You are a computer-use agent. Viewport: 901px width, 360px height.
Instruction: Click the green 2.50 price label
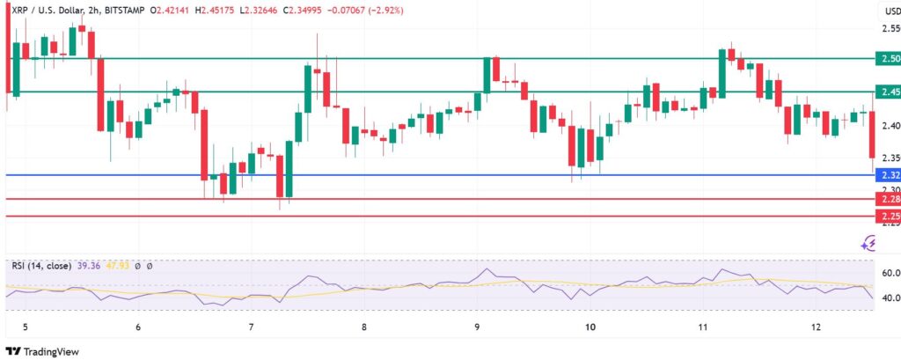tap(888, 58)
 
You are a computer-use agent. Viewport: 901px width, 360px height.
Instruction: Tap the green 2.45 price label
tap(888, 92)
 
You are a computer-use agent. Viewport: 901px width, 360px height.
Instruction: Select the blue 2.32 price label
tap(888, 174)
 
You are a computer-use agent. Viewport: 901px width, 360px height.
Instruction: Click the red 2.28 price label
tap(888, 200)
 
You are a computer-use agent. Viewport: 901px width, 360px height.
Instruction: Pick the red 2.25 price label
tap(888, 216)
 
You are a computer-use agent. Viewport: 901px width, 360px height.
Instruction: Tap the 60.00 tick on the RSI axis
tap(889, 273)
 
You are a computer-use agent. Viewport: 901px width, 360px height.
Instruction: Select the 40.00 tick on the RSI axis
tap(889, 298)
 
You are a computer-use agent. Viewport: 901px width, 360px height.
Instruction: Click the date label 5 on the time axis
tap(26, 327)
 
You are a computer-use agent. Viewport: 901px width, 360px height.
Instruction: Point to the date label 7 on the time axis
tap(252, 327)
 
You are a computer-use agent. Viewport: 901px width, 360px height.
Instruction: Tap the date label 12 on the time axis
tap(817, 327)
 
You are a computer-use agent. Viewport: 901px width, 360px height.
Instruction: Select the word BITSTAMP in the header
tap(122, 10)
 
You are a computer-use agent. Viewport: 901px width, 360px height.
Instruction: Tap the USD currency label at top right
tap(890, 11)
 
